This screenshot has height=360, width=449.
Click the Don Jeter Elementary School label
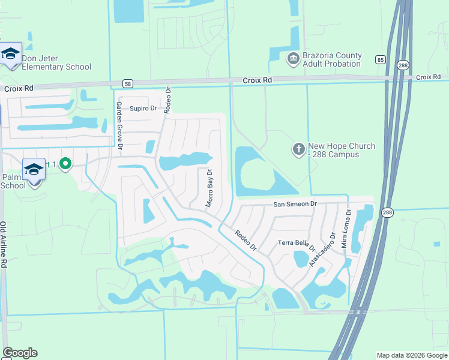pyautogui.click(x=56, y=62)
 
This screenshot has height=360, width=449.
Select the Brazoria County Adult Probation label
pyautogui.click(x=332, y=59)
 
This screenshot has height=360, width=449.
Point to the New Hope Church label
pyautogui.click(x=341, y=150)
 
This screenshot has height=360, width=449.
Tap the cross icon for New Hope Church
pyautogui.click(x=299, y=149)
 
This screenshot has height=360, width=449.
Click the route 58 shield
pyautogui.click(x=127, y=83)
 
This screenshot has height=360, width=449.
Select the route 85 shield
pyautogui.click(x=381, y=59)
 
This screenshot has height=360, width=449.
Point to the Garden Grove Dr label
pyautogui.click(x=119, y=125)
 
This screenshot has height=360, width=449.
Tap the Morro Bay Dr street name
pyautogui.click(x=209, y=188)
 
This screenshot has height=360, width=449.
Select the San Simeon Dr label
pyautogui.click(x=295, y=204)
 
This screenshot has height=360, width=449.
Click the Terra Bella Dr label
pyautogui.click(x=297, y=244)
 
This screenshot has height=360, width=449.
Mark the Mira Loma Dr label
pyautogui.click(x=346, y=229)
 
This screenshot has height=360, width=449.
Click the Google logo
pyautogui.click(x=20, y=353)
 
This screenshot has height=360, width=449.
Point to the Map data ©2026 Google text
pyautogui.click(x=411, y=355)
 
